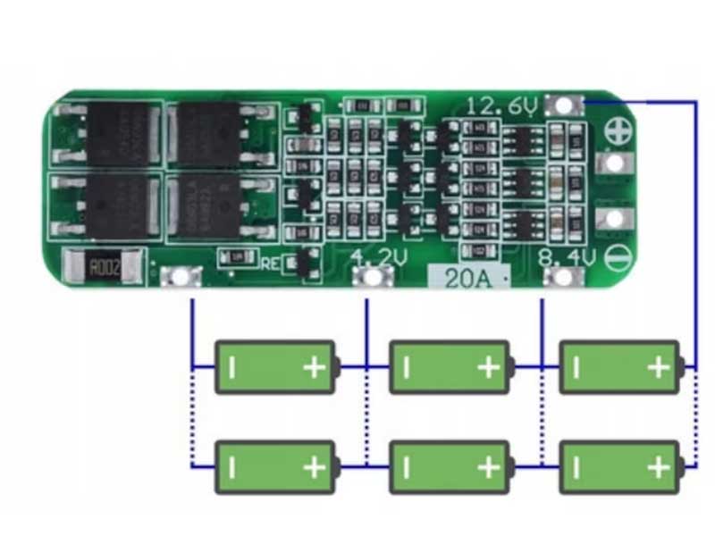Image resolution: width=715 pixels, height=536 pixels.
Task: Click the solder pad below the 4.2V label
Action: [x=372, y=277]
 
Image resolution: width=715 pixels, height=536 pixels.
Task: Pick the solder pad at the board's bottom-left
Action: [x=181, y=277]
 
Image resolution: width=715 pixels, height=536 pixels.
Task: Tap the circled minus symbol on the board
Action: [x=615, y=259]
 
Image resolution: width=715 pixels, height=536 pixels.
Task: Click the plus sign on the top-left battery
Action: [x=314, y=367]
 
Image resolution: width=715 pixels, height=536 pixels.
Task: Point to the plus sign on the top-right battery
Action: [x=658, y=367]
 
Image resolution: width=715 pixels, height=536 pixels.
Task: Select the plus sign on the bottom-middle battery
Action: [x=488, y=467]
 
